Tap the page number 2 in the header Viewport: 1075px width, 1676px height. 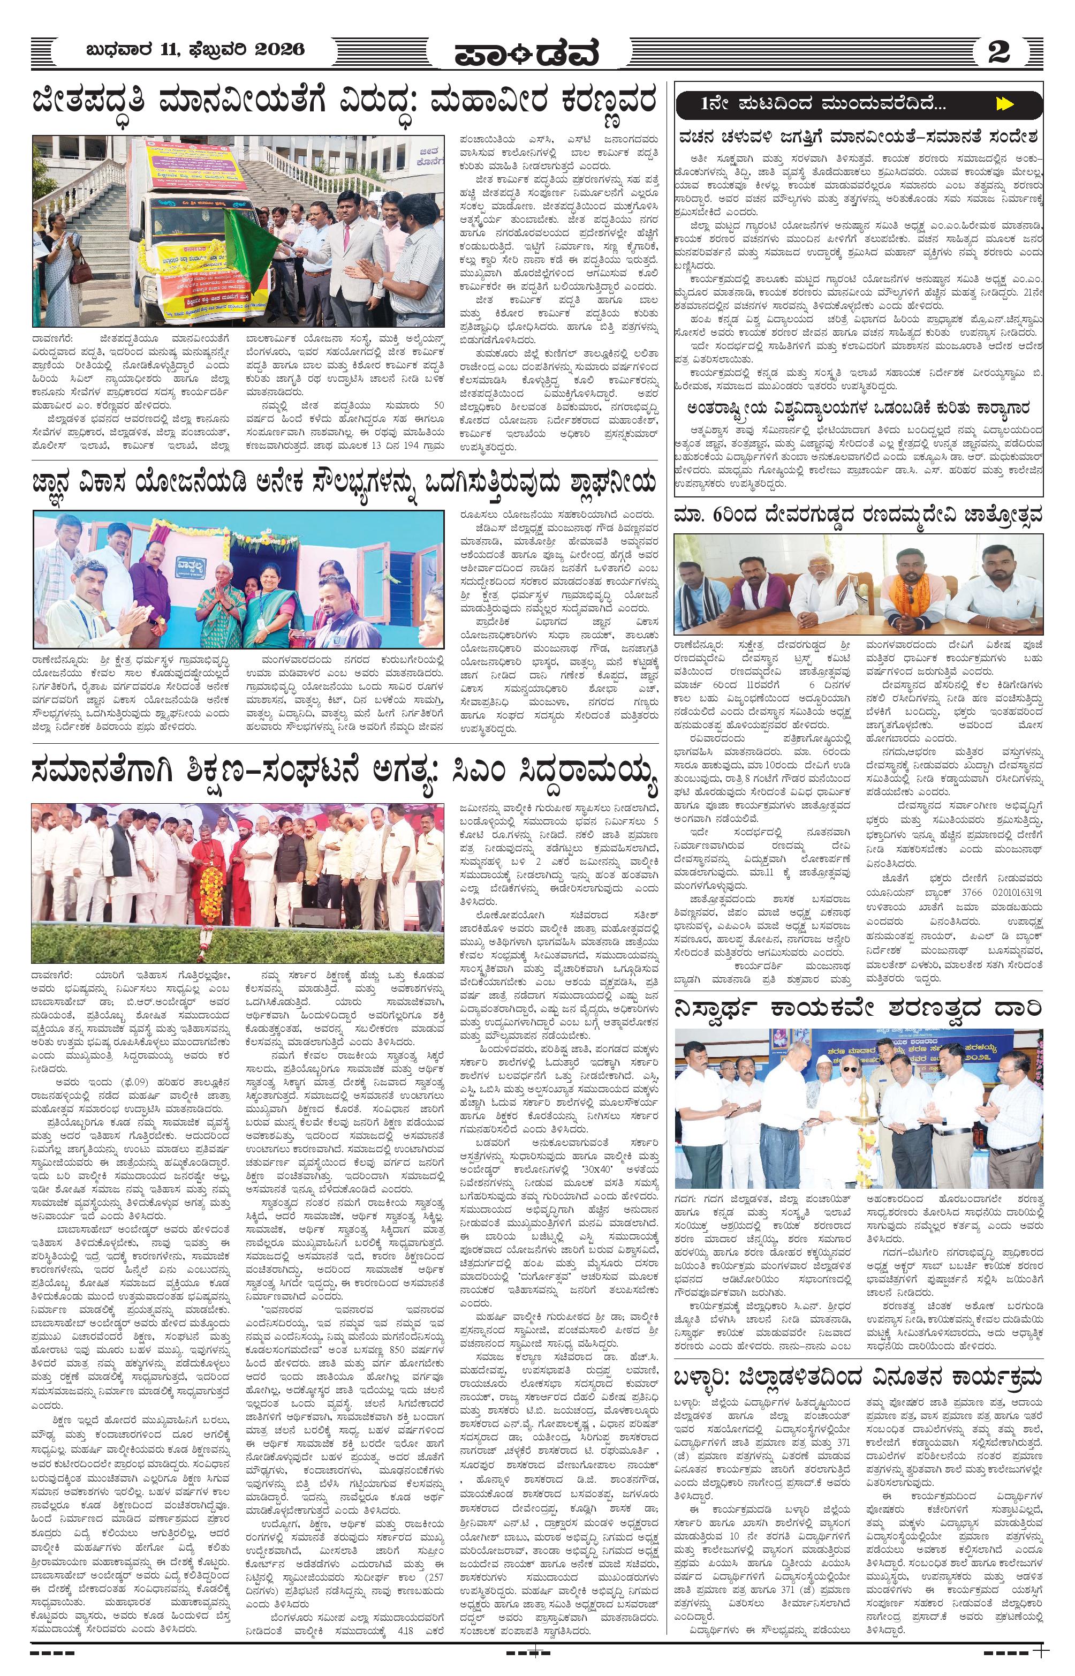coord(999,51)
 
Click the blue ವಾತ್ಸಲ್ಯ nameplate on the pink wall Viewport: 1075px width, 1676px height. coord(187,559)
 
